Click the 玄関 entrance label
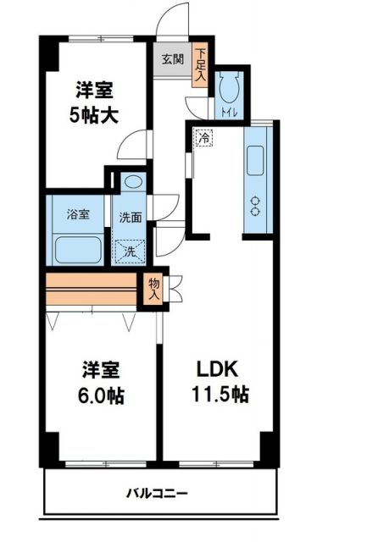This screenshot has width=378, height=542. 173,59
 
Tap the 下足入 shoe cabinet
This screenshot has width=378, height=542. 200,65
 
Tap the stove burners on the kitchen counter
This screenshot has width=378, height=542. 255,204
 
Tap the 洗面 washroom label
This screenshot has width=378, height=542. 130,216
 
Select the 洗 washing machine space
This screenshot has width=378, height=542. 131,251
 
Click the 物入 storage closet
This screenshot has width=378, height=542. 154,290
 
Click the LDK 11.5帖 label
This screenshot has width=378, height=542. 222,382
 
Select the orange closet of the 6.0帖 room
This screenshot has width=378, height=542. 91,290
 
